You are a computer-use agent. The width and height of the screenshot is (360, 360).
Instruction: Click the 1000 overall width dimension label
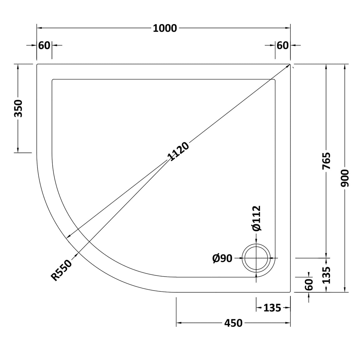coord(165,28)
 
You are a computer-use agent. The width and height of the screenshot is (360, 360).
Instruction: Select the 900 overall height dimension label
coord(345,178)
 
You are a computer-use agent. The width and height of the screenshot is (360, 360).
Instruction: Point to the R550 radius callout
coord(62,270)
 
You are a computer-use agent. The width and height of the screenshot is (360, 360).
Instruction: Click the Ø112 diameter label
coord(256,218)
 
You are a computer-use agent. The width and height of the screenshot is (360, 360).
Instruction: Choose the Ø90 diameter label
coord(222,259)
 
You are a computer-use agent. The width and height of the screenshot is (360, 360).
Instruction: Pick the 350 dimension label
coord(18,108)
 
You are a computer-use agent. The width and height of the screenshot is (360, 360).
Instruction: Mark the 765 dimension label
coord(326,161)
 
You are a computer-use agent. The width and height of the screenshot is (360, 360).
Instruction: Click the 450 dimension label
coord(233,323)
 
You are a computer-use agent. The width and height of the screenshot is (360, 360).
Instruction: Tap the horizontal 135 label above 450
coord(272,308)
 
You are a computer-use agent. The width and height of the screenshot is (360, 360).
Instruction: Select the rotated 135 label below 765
coord(326,275)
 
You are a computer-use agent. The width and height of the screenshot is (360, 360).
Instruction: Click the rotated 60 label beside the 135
coord(309,285)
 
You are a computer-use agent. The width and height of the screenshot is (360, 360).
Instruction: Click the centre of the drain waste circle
coord(256,258)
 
